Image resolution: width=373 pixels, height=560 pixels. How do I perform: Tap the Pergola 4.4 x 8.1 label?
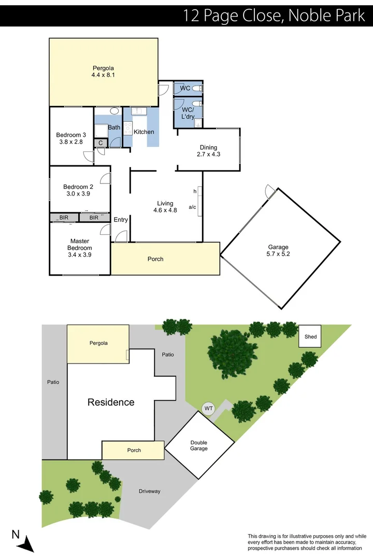click(103, 72)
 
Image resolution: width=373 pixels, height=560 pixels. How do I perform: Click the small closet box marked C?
click(101, 143)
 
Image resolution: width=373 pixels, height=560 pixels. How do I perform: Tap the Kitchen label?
click(144, 132)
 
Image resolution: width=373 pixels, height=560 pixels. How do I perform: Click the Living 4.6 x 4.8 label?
click(165, 207)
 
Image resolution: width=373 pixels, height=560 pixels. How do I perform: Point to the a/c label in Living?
click(192, 207)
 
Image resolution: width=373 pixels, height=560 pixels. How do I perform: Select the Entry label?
click(121, 220)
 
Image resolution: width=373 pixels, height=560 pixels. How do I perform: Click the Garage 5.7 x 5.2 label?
click(278, 251)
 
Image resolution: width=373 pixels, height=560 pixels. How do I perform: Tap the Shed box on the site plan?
click(310, 337)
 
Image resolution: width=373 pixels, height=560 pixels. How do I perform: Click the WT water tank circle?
click(209, 409)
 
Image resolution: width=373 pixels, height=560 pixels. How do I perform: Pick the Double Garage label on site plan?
click(198, 445)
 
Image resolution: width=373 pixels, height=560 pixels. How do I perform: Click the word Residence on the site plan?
click(111, 402)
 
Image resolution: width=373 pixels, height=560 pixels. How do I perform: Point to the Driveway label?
click(150, 491)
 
